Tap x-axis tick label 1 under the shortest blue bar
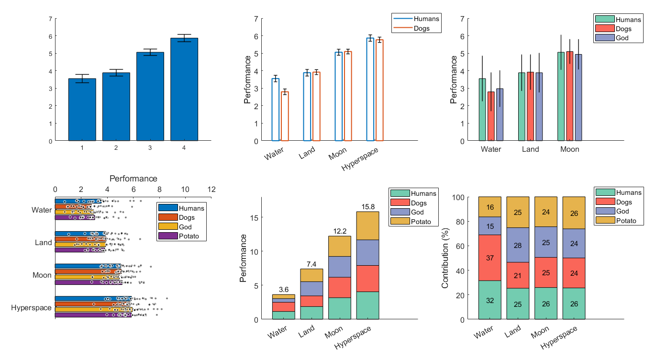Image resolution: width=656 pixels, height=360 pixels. click(82, 148)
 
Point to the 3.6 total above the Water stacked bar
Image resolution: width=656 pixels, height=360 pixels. click(283, 290)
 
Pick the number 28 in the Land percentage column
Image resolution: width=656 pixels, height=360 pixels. click(518, 245)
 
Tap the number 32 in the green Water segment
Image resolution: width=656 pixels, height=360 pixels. click(489, 300)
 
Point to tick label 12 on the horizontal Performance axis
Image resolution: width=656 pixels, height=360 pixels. click(211, 189)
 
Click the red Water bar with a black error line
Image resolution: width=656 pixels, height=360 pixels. click(491, 116)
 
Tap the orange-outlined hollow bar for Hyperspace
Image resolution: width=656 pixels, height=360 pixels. click(379, 90)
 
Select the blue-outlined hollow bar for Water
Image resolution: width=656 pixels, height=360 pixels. click(275, 110)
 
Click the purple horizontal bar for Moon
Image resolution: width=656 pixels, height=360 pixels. click(88, 282)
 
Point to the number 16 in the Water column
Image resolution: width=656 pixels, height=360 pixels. click(489, 207)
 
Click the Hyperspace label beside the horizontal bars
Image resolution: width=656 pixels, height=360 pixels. click(31, 308)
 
